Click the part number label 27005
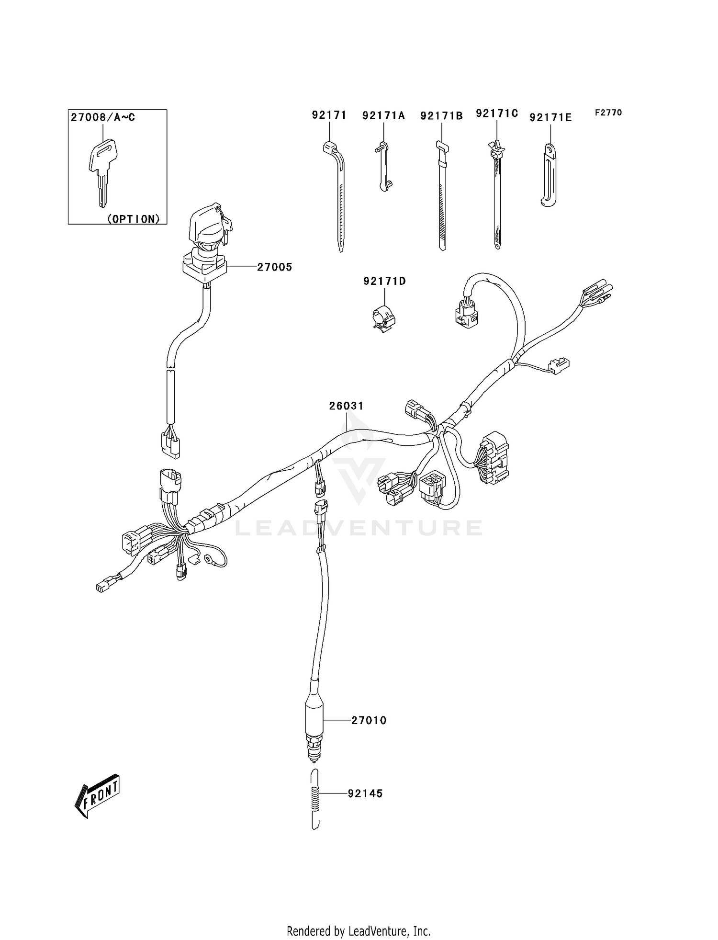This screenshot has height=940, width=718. pyautogui.click(x=274, y=267)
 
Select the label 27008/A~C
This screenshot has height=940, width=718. pyautogui.click(x=103, y=117)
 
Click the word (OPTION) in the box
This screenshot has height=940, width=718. pyautogui.click(x=133, y=219)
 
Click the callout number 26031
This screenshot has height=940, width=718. pyautogui.click(x=346, y=406)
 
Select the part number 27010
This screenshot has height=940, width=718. pyautogui.click(x=369, y=720)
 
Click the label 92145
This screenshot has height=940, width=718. pyautogui.click(x=365, y=793)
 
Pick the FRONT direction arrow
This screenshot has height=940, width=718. pyautogui.click(x=98, y=797)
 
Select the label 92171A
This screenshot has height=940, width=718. pyautogui.click(x=383, y=115)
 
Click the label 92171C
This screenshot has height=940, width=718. pyautogui.click(x=497, y=113)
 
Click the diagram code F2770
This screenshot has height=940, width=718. pyautogui.click(x=608, y=113)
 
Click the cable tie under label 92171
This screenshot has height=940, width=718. pyautogui.click(x=338, y=196)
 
